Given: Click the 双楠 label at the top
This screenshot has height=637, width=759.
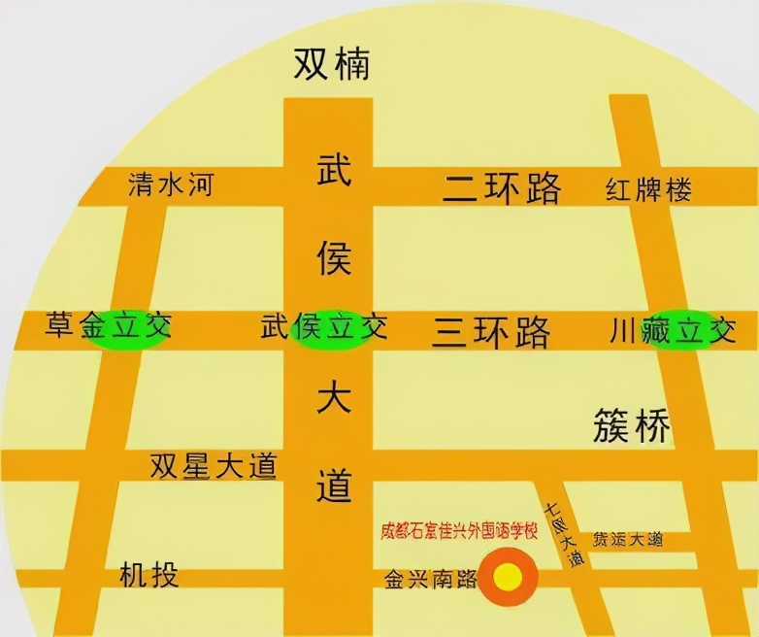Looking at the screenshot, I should click(332, 65).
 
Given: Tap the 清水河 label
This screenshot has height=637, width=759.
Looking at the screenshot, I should click(170, 185).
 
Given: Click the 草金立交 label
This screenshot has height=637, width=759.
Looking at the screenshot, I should click(108, 327).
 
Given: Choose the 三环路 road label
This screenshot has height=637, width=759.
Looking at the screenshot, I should click(491, 332).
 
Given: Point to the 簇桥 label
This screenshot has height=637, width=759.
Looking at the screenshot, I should click(632, 425).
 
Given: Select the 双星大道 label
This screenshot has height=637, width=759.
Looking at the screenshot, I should click(214, 466).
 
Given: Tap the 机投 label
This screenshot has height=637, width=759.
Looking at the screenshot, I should click(149, 574).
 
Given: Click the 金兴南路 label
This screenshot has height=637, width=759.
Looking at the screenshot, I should click(430, 580).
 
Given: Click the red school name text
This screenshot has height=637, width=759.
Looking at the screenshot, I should click(459, 531).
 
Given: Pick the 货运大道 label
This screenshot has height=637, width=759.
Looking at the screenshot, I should click(628, 539).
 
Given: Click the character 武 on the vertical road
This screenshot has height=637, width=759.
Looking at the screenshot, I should click(334, 173).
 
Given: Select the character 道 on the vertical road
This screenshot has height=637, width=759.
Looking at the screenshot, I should click(334, 483).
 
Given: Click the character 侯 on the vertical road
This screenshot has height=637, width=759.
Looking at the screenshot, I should click(334, 257).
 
